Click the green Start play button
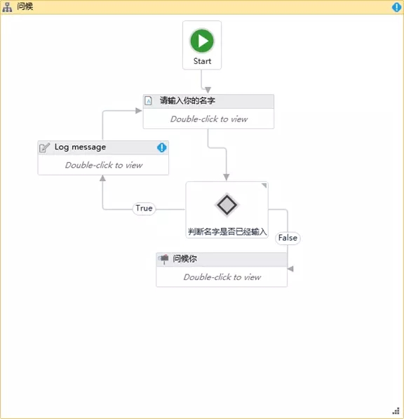click(202, 41)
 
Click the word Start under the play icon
click(202, 61)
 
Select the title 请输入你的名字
click(187, 101)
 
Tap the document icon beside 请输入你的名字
click(148, 101)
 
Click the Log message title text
click(80, 147)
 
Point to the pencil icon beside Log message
click(44, 147)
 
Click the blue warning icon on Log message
click(161, 147)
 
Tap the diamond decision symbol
click(227, 205)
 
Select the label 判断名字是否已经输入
click(227, 232)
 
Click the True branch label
click(144, 208)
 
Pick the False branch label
click(288, 238)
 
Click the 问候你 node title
click(184, 259)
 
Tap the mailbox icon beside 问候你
click(163, 259)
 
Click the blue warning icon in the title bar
click(396, 7)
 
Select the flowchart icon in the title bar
click(7, 7)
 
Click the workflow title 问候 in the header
click(25, 6)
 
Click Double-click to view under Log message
click(104, 165)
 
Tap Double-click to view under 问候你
click(222, 277)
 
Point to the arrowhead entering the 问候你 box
click(290, 269)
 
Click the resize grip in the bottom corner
click(396, 411)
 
